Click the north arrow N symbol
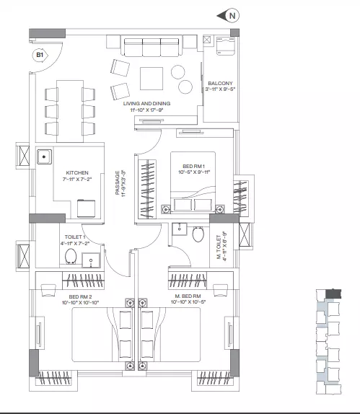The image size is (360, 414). click(x=228, y=16)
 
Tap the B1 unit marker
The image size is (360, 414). click(x=40, y=56)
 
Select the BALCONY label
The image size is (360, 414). click(x=220, y=83)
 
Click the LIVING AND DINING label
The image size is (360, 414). click(x=146, y=104)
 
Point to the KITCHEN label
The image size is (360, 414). click(x=77, y=172)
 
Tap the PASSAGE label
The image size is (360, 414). click(x=118, y=182)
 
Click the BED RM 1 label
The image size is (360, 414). click(x=193, y=167)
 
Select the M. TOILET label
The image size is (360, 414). click(x=219, y=247)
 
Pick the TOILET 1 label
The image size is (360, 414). click(x=75, y=237)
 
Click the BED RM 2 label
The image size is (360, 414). click(x=80, y=296)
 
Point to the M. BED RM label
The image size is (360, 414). click(x=188, y=296)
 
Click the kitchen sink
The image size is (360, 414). click(x=44, y=157)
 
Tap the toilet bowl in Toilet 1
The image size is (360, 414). click(x=71, y=256)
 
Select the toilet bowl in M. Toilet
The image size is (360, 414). click(x=198, y=234)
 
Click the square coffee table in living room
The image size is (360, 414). click(x=152, y=79)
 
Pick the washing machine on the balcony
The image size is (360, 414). click(x=225, y=46)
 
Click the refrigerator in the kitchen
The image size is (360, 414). click(x=87, y=208)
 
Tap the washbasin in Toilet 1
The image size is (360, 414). click(x=91, y=260)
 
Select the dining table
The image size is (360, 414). click(x=70, y=111)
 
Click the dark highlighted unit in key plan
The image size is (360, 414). click(x=333, y=294)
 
